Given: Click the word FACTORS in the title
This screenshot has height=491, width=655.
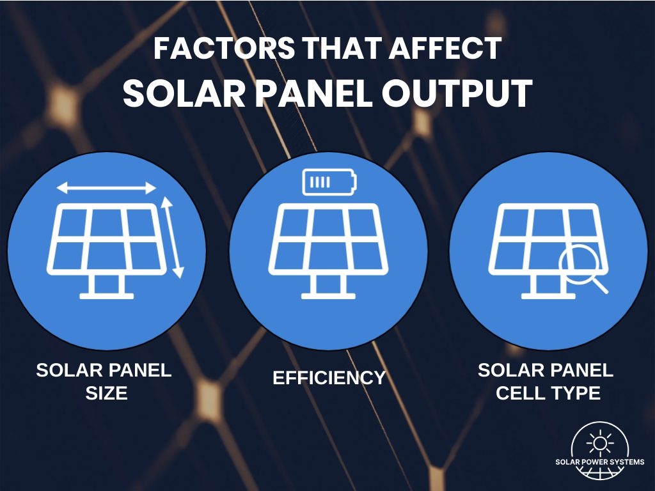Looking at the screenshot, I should tap(204, 49).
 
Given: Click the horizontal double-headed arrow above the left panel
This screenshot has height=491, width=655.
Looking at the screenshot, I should tap(106, 187).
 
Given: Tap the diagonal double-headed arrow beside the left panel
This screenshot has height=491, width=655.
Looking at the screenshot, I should tap(171, 237).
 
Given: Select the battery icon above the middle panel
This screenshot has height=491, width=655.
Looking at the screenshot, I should tap(327, 182).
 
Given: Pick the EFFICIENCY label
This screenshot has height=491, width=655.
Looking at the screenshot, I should tap(329, 378).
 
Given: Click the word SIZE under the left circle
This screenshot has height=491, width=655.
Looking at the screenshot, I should tap(106, 393).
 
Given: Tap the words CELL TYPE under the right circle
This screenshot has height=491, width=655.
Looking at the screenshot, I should tap(548, 393).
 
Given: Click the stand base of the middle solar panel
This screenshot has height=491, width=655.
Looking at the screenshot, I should tap(327, 295).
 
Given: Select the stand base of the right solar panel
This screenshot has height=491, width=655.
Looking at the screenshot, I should tap(548, 295).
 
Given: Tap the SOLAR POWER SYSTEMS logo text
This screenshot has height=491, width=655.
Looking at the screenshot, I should tap(599, 462).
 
